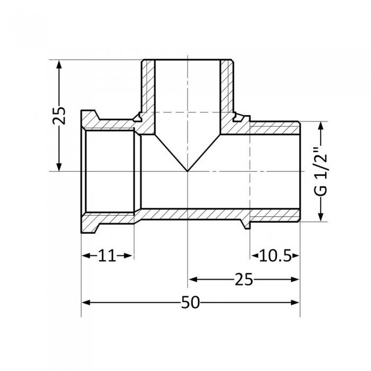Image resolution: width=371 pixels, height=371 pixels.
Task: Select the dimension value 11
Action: (x=107, y=256)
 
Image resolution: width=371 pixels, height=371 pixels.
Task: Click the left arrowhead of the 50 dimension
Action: (x=85, y=303)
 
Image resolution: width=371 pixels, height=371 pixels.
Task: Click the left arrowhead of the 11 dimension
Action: (x=85, y=256)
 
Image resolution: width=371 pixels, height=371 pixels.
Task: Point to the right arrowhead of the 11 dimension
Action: (x=128, y=256)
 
